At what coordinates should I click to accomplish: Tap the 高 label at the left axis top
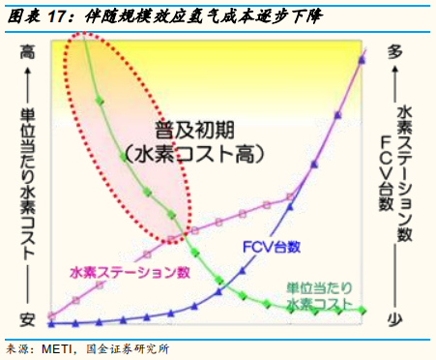point(27,53)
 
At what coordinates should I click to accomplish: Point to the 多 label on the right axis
point(394,53)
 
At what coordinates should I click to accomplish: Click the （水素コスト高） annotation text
point(194,152)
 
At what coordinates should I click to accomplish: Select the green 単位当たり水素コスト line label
point(318,295)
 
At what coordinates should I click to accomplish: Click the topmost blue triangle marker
point(362,60)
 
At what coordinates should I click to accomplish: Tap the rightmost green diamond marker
point(362,310)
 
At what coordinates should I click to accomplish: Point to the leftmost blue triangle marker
point(51,322)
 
